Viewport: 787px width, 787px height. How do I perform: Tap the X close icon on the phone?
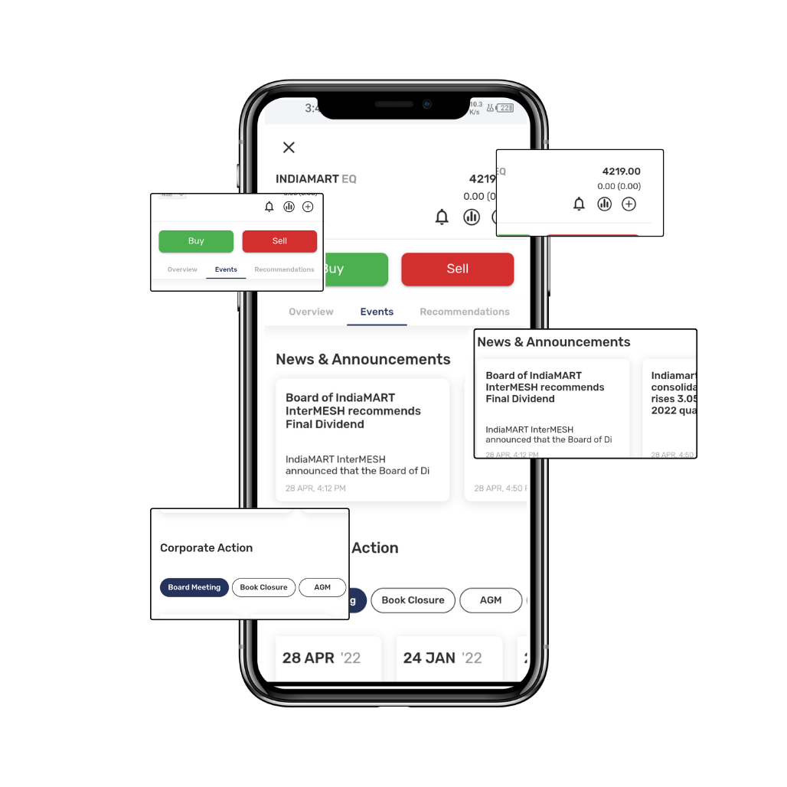point(289,148)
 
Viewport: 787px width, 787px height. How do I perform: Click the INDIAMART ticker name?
point(307,179)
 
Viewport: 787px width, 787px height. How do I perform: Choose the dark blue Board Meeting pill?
point(194,587)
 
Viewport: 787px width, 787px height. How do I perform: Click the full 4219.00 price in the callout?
point(621,171)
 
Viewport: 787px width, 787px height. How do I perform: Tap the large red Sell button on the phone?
point(457,269)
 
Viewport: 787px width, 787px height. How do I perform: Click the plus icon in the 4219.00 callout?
point(629,204)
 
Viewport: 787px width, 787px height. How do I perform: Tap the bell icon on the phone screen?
point(442,217)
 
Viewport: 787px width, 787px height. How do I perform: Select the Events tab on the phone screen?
point(377,312)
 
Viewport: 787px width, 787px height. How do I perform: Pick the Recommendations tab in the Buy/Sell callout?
point(284,269)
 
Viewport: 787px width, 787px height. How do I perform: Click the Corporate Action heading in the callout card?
point(206,548)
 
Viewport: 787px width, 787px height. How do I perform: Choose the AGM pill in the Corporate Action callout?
point(322,587)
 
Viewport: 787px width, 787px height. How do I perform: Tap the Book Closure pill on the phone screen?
point(413,600)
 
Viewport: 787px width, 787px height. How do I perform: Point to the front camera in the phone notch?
point(427,104)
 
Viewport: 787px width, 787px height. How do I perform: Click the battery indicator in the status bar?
point(505,108)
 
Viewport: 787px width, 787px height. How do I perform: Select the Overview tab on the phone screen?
point(311,312)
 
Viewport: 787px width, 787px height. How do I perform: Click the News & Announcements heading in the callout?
point(554,342)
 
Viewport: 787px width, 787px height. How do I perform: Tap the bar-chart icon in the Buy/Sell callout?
point(289,207)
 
